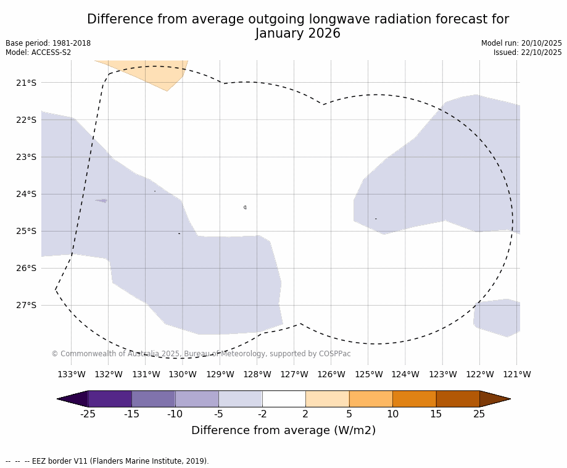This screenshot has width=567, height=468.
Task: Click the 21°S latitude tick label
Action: pos(26,83)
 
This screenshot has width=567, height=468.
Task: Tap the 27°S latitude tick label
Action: pos(26,305)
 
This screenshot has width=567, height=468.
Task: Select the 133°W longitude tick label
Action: pos(72,374)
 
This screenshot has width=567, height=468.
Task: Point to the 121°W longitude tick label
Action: pos(517,374)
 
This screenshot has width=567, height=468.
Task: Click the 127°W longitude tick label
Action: pos(294,374)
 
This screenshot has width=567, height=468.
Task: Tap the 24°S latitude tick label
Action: pos(26,194)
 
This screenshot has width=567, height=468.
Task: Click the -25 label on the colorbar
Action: pos(88,414)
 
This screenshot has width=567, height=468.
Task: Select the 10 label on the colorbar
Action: pos(392,414)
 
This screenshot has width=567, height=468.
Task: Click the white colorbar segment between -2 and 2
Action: pos(284,399)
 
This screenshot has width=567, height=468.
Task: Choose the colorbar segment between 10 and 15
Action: pos(414,399)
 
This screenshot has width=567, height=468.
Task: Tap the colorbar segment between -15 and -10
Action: pos(153,399)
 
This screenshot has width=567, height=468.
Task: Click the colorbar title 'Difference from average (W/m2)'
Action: pos(283,430)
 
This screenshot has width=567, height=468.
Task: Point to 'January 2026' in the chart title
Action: pos(297,34)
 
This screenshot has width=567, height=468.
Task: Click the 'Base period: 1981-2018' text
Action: pos(48,43)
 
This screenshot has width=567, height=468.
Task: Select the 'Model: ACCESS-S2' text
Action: pos(38,52)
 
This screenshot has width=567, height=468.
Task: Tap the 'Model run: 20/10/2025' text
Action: pos(521,43)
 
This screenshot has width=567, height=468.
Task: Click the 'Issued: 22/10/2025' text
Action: pos(528,52)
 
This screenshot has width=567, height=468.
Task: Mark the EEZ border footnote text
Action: pos(107,461)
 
